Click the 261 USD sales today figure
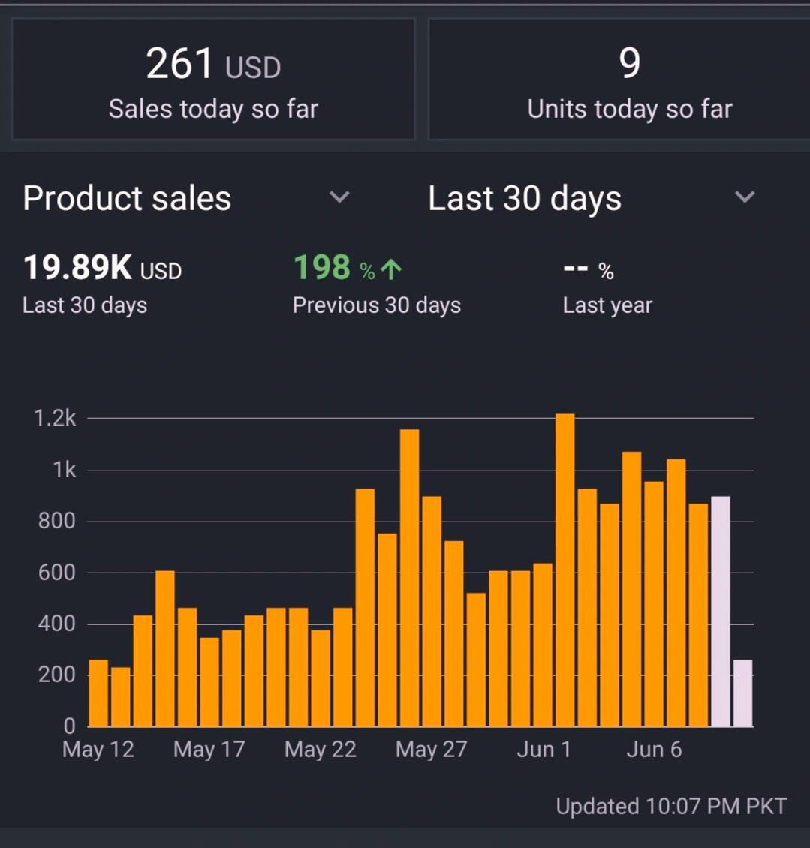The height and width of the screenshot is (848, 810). coord(213,65)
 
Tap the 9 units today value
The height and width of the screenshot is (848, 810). coord(630,63)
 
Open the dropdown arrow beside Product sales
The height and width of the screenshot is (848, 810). coord(339,197)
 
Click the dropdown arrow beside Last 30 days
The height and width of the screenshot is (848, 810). coord(744,197)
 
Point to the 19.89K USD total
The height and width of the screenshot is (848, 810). coord(102,268)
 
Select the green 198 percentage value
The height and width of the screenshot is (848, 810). coord(322,268)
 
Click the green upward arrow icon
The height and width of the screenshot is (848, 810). coord(390,269)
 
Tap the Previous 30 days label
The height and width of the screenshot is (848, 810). coord(376,305)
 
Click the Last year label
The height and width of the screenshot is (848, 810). coord(607,305)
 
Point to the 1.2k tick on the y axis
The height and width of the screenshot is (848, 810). coord(55,419)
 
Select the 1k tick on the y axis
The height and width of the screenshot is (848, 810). coord(64,471)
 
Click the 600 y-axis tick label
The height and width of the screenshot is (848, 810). coord(57,573)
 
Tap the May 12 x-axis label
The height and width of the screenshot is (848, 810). coord(98,750)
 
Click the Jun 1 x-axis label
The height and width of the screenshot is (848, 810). coord(544,750)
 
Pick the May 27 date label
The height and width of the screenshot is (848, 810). coord(431,750)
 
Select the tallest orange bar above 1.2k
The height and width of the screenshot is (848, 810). coord(565,570)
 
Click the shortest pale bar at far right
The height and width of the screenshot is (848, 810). coord(742,693)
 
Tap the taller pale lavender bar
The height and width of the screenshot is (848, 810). coord(720,612)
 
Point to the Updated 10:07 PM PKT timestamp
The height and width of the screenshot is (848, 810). coord(671,807)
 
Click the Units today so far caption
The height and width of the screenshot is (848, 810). coord(630,110)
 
